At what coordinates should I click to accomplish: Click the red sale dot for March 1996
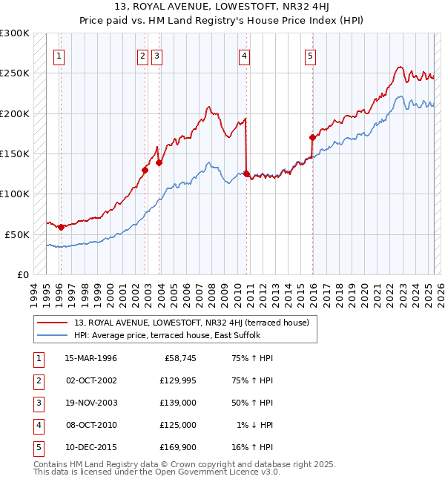click(61, 227)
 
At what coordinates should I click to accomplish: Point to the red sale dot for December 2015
click(312, 137)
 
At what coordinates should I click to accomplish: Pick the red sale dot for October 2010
click(245, 174)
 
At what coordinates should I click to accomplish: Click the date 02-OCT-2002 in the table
click(90, 380)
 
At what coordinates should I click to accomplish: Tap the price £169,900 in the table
click(177, 447)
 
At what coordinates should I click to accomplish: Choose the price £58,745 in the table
click(179, 358)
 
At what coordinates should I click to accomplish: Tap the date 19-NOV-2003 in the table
click(90, 403)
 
